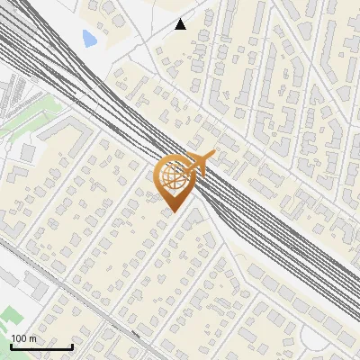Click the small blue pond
(89, 39)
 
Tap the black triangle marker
(181, 24)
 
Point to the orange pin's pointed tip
(172, 212)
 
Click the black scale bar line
(41, 346)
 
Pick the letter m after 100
(32, 338)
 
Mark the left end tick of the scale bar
(11, 346)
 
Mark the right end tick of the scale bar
(72, 346)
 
